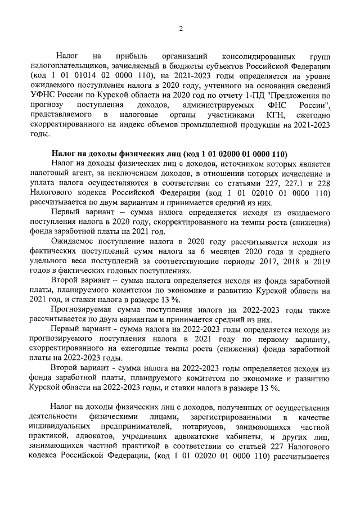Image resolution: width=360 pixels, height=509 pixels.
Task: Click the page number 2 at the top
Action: [x=181, y=29]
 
